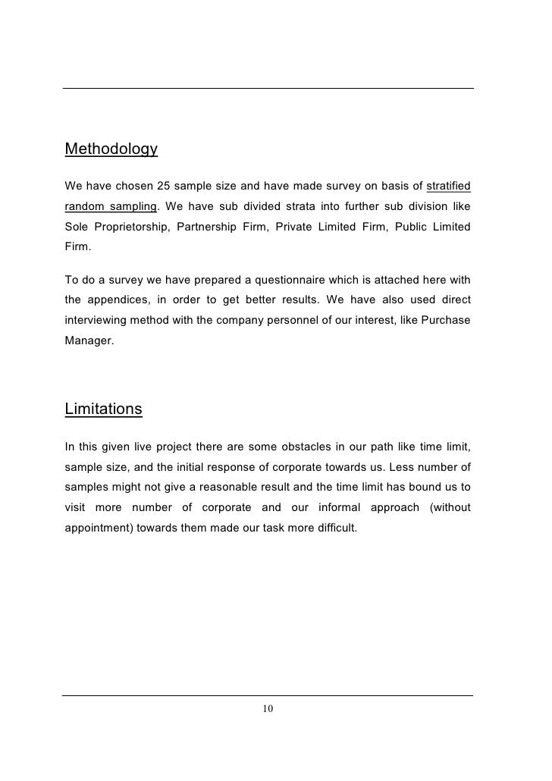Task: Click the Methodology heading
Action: [x=111, y=149]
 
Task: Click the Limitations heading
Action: [x=103, y=409]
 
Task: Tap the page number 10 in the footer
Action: [x=267, y=708]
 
